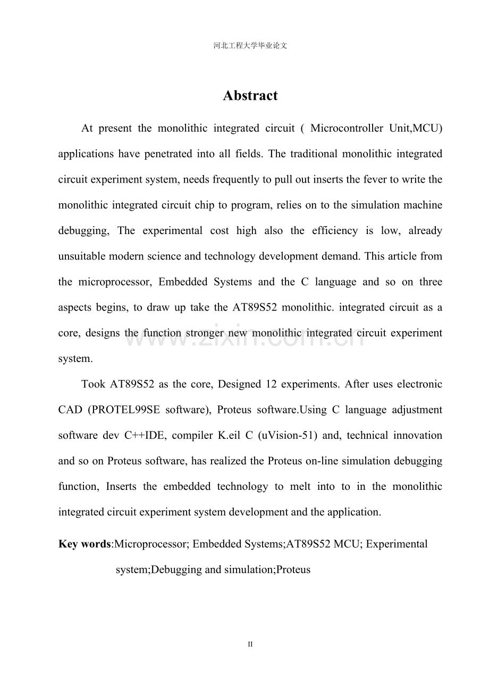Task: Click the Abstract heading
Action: tap(250, 96)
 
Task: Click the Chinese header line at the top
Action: tap(250, 46)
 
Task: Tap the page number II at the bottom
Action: tap(250, 644)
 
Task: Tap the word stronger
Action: tap(205, 333)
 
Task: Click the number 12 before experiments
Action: tap(271, 384)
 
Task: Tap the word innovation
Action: tap(418, 435)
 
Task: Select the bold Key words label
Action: tap(85, 544)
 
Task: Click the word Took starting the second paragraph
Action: tap(93, 384)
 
